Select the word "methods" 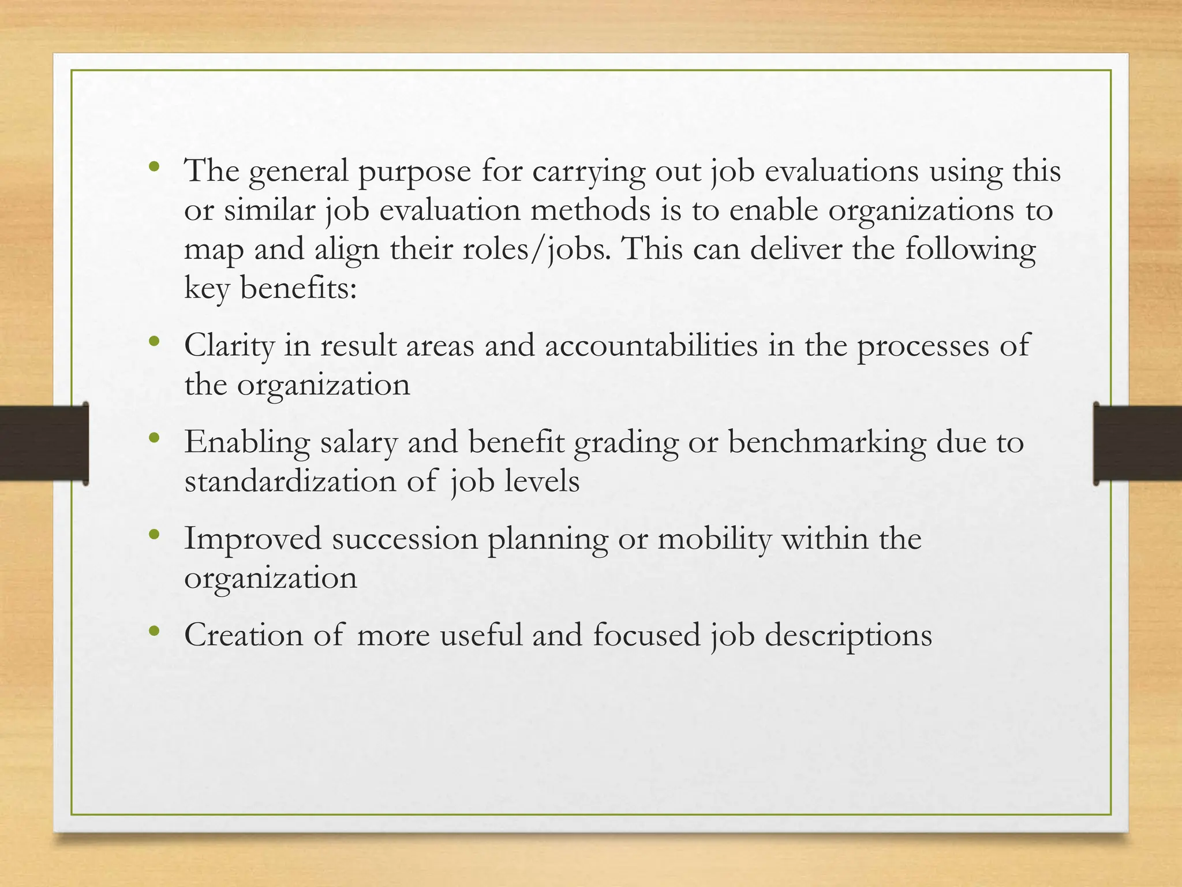pyautogui.click(x=590, y=211)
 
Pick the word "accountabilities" pyautogui.click(x=651, y=346)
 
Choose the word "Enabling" pyautogui.click(x=247, y=443)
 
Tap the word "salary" pyautogui.click(x=358, y=443)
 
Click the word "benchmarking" pyautogui.click(x=826, y=443)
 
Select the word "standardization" pyautogui.click(x=290, y=482)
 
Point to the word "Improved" pyautogui.click(x=252, y=540)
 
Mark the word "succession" pyautogui.click(x=404, y=539)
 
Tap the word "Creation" pyautogui.click(x=243, y=635)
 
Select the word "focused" pyautogui.click(x=646, y=635)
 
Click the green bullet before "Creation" pyautogui.click(x=153, y=631)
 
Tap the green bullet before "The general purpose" pyautogui.click(x=153, y=167)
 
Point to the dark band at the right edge pyautogui.click(x=1138, y=443)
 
